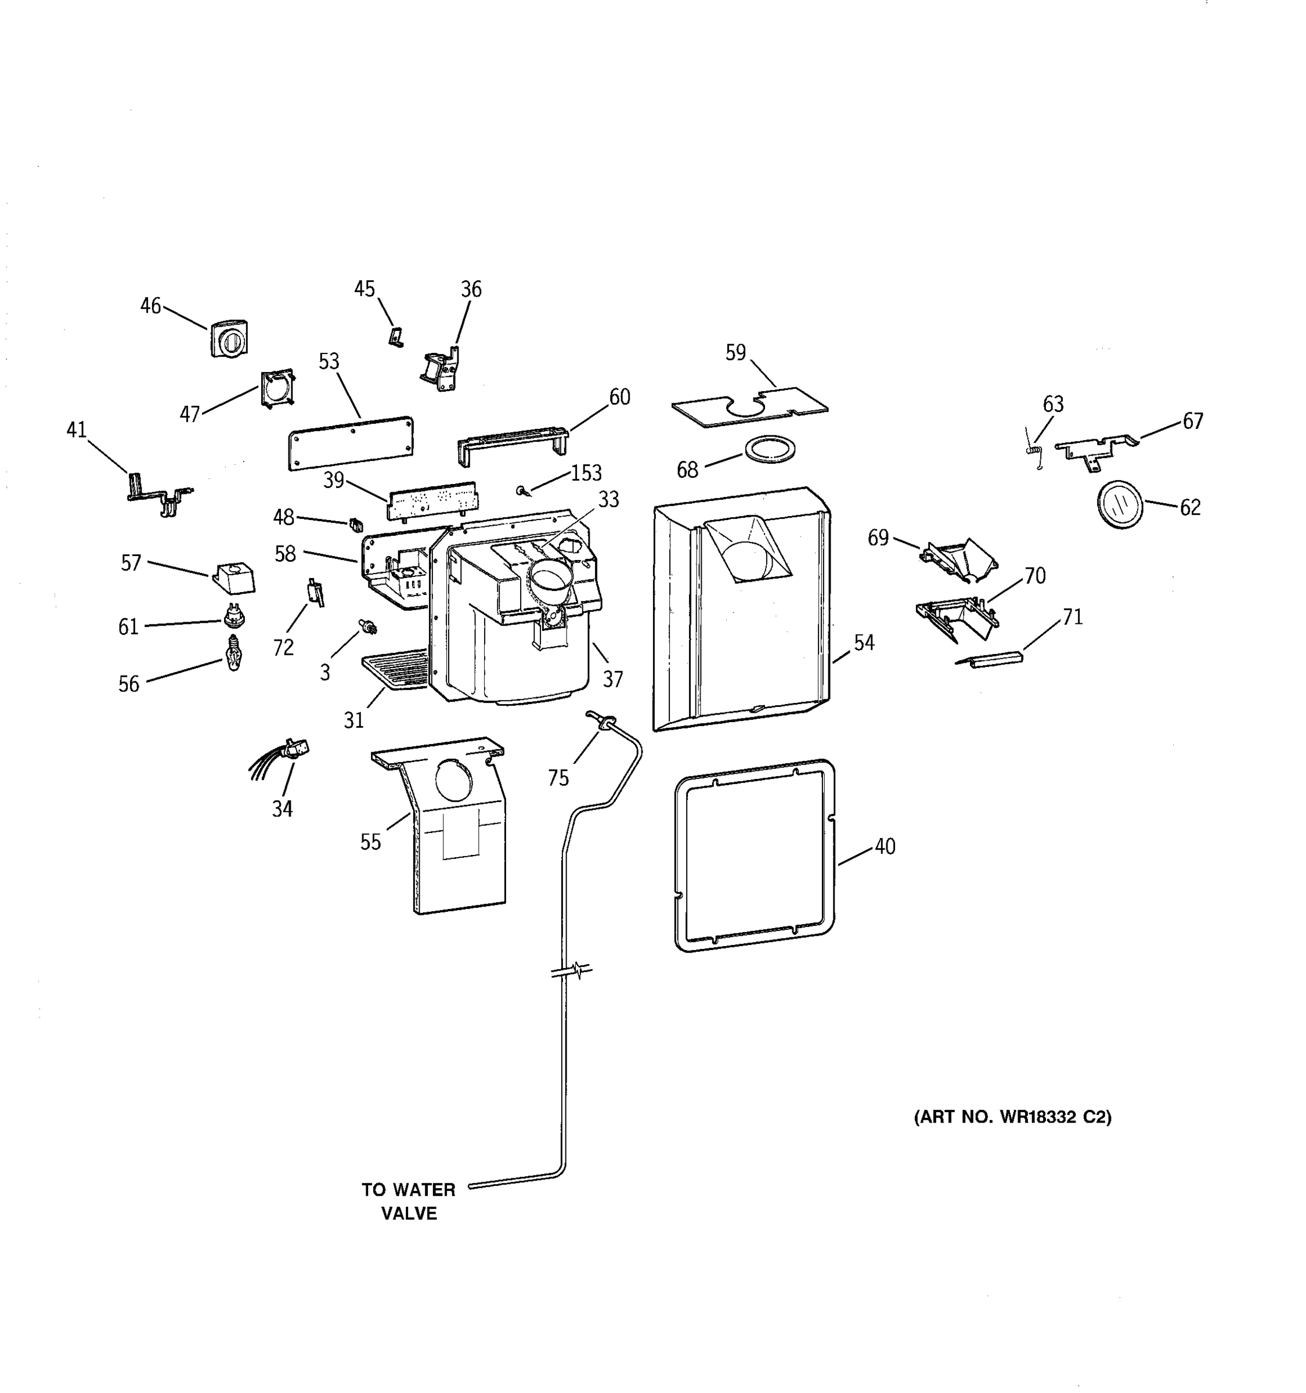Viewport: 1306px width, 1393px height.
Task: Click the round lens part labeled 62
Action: point(1119,504)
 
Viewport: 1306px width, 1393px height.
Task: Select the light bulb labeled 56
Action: point(233,653)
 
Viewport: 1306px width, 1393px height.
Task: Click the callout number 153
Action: point(586,473)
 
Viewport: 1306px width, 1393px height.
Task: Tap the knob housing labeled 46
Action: point(229,339)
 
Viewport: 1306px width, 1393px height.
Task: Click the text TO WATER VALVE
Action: point(409,1201)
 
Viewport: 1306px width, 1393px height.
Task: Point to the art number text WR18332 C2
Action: point(1012,1117)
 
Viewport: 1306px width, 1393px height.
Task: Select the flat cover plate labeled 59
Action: point(750,406)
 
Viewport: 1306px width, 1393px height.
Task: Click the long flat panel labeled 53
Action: point(351,443)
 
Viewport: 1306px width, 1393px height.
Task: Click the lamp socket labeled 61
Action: point(233,616)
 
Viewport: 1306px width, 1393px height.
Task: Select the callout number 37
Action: point(612,679)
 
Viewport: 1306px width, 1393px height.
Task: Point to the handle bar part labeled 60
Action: point(513,444)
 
